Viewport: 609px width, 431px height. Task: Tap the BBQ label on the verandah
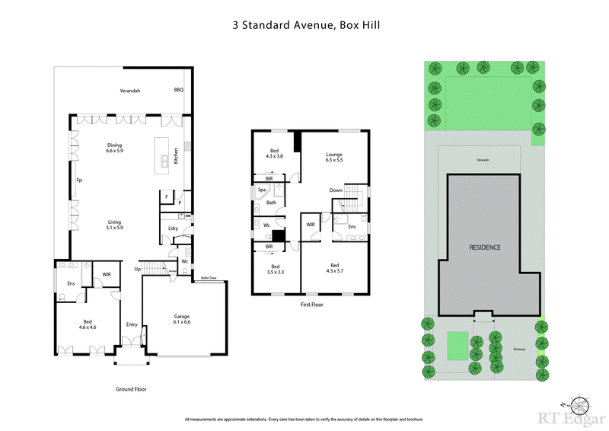point(179,90)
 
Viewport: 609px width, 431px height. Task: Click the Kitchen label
point(176,156)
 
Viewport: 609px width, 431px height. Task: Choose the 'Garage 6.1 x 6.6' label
point(182,319)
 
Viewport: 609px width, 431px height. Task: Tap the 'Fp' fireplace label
point(78,180)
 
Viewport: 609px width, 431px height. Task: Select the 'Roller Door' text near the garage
point(208,279)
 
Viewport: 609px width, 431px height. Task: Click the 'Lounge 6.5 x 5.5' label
point(334,157)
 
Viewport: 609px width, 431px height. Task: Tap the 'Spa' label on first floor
point(262,189)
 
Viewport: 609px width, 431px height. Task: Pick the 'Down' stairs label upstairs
point(336,190)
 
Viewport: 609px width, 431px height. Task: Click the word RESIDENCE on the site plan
point(484,247)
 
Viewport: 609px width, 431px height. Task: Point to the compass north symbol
point(581,404)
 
